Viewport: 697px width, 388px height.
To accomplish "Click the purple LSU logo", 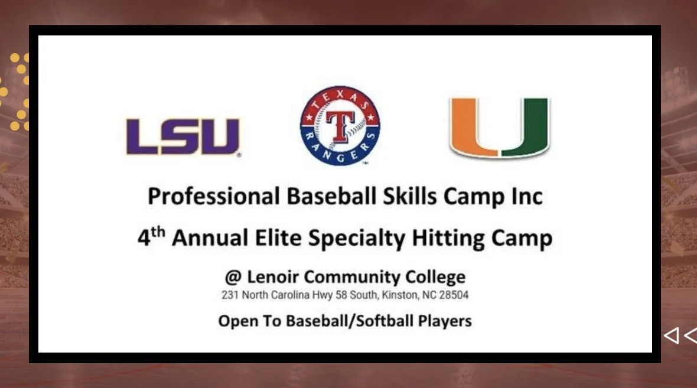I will [x=183, y=136].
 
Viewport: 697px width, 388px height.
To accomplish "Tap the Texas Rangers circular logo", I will [x=340, y=126].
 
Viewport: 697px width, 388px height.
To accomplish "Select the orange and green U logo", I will [x=499, y=128].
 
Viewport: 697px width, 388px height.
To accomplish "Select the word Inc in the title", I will [x=527, y=196].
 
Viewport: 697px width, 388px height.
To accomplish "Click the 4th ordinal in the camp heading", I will [x=150, y=237].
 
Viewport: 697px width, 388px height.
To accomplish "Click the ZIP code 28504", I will [x=455, y=294].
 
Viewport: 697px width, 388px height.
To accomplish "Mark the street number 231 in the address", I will [x=229, y=294].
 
